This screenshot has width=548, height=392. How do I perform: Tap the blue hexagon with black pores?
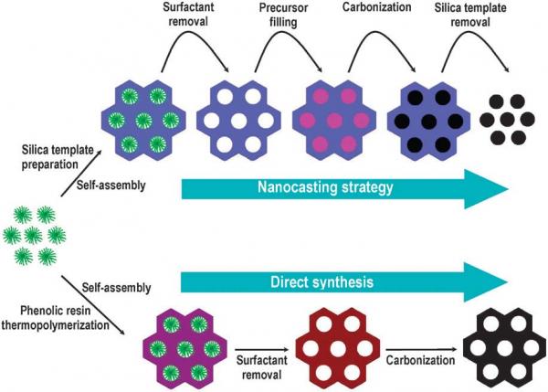click(x=426, y=120)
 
